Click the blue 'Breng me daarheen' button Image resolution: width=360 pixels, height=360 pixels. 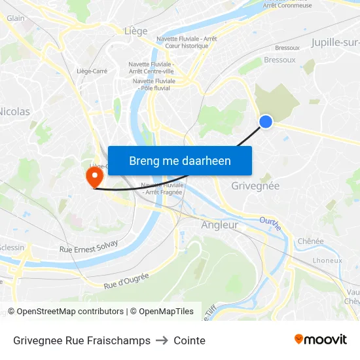pos(180,160)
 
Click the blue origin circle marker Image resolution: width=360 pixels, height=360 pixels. pos(266,121)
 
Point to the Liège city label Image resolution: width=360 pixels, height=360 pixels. pos(135,31)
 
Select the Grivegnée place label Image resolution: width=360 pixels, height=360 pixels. pos(255,186)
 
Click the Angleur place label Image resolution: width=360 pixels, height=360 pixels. pos(219,225)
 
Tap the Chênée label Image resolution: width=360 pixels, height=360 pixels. pos(310,241)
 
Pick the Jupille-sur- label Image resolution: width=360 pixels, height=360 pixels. pos(335,43)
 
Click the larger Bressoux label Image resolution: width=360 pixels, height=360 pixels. pos(279,60)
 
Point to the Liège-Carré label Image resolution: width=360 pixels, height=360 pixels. pos(92,71)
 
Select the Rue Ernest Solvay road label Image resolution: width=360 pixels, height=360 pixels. pos(89,246)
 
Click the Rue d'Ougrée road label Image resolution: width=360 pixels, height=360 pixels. pos(126,281)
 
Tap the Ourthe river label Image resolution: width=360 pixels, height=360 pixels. pos(270,223)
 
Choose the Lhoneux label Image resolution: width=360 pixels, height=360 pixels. pos(327,260)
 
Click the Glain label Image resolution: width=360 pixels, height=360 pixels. pos(15,18)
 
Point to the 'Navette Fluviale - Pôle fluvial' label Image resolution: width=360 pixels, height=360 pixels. pos(152,84)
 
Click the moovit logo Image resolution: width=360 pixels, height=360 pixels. pos(320,339)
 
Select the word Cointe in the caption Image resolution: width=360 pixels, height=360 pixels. pos(189,340)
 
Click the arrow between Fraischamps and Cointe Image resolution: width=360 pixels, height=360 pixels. pos(162,340)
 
